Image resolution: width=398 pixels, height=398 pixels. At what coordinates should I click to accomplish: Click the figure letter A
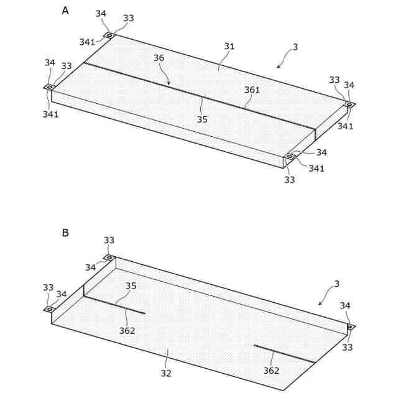click(x=65, y=11)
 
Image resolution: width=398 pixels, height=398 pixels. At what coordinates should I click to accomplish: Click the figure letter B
click(x=65, y=233)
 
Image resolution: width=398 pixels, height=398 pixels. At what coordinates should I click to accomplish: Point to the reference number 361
click(x=252, y=90)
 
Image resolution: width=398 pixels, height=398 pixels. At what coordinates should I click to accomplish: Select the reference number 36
click(x=159, y=58)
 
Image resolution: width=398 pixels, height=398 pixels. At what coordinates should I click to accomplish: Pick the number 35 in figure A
click(x=202, y=119)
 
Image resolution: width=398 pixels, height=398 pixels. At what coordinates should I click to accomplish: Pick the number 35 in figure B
click(x=131, y=287)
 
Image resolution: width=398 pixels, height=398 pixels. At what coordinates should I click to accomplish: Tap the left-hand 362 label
click(x=127, y=331)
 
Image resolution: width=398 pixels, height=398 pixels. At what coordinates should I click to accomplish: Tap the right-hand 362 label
click(x=271, y=371)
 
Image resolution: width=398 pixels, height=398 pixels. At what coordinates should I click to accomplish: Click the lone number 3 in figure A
click(x=295, y=47)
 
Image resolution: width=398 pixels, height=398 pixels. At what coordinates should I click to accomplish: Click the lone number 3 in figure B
click(x=336, y=284)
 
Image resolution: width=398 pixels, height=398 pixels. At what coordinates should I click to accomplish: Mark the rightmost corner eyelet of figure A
click(x=349, y=104)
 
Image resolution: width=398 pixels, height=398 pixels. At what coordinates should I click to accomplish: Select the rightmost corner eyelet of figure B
click(x=350, y=326)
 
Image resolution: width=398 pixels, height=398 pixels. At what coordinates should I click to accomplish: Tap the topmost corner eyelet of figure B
click(x=109, y=257)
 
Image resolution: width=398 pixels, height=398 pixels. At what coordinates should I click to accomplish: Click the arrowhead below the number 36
click(x=169, y=84)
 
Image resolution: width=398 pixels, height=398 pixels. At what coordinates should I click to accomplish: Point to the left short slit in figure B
click(x=115, y=305)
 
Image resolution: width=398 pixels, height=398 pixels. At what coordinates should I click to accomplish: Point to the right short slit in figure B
click(x=283, y=353)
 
